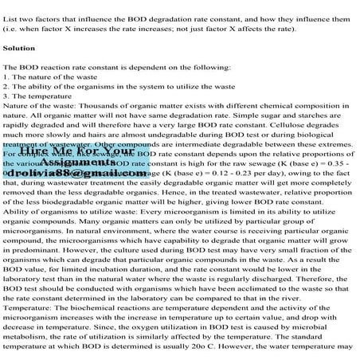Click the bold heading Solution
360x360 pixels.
click(x=18, y=48)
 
